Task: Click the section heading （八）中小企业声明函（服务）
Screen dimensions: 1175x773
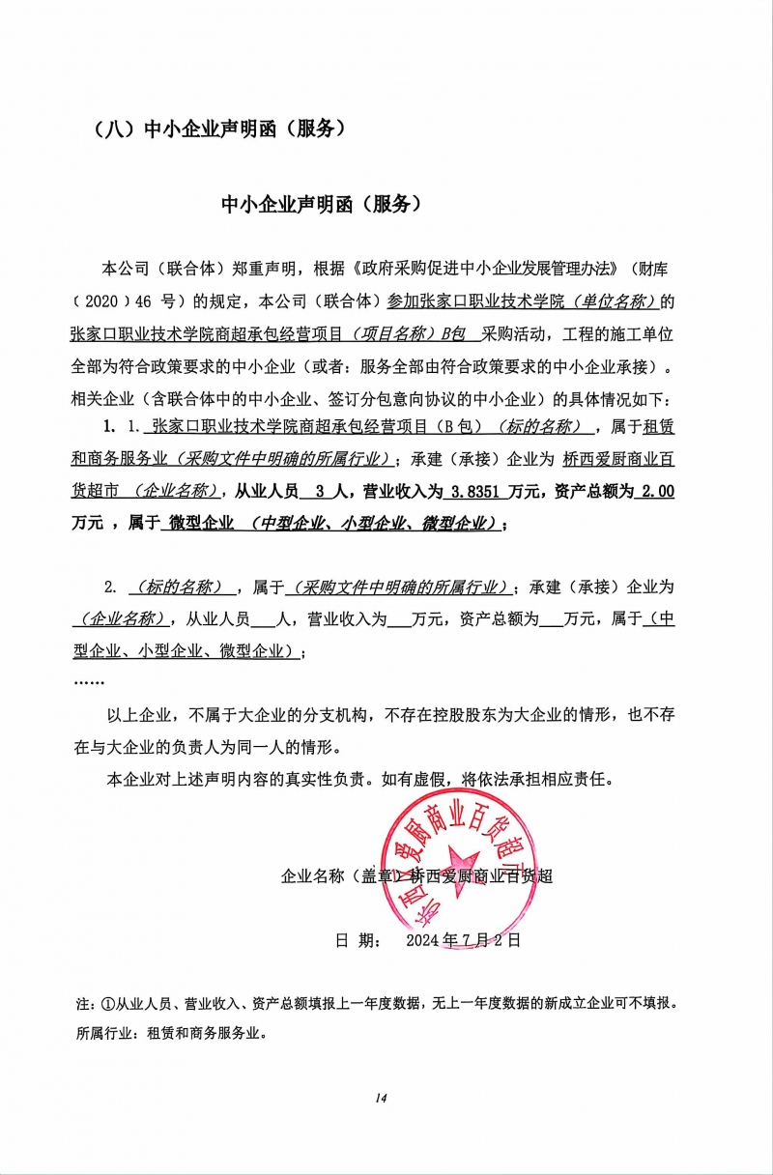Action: [x=216, y=129]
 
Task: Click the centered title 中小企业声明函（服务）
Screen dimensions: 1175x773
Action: [x=322, y=204]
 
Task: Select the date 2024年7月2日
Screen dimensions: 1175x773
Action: [x=464, y=938]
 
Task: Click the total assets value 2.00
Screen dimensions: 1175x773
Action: [x=657, y=492]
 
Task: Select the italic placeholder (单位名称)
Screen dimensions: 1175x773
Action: [x=615, y=301]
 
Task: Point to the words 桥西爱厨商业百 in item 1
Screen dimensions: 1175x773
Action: [x=617, y=460]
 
